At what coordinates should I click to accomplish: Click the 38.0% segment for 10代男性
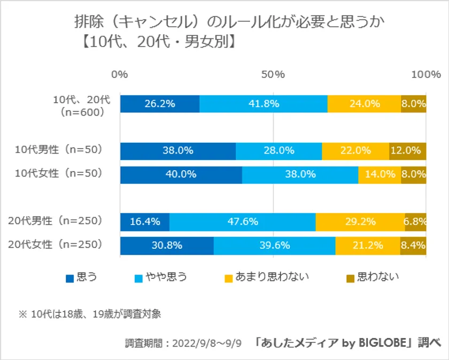[x=177, y=151]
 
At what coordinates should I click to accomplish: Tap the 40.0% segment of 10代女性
[x=181, y=174]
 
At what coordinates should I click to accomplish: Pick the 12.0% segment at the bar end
[x=407, y=151]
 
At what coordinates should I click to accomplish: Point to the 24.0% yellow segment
[x=364, y=104]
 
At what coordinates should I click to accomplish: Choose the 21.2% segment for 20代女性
[x=368, y=246]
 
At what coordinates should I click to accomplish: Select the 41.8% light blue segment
[x=264, y=104]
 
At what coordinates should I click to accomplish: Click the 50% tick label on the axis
[x=273, y=74]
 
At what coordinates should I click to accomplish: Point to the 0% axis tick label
[x=120, y=74]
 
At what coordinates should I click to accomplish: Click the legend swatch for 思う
[x=69, y=278]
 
